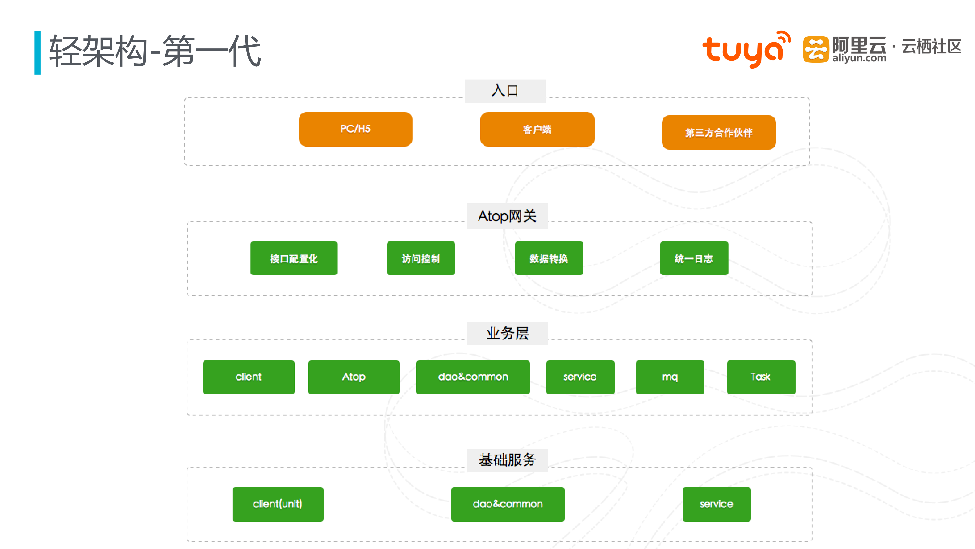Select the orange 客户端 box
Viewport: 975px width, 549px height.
[x=537, y=129]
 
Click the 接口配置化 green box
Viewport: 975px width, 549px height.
[x=294, y=258]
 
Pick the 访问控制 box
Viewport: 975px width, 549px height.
[x=421, y=258]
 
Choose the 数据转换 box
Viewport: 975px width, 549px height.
[x=549, y=258]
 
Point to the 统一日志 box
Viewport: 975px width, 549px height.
[x=694, y=258]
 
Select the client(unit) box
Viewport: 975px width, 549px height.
[x=278, y=504]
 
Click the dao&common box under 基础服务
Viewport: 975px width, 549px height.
[x=508, y=504]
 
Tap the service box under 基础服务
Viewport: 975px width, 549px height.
[x=717, y=504]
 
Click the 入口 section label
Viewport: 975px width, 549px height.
[x=505, y=91]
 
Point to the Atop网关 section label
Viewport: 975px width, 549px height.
[x=507, y=216]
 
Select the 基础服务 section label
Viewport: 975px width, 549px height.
[x=507, y=460]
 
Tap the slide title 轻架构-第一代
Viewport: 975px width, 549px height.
[x=155, y=51]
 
